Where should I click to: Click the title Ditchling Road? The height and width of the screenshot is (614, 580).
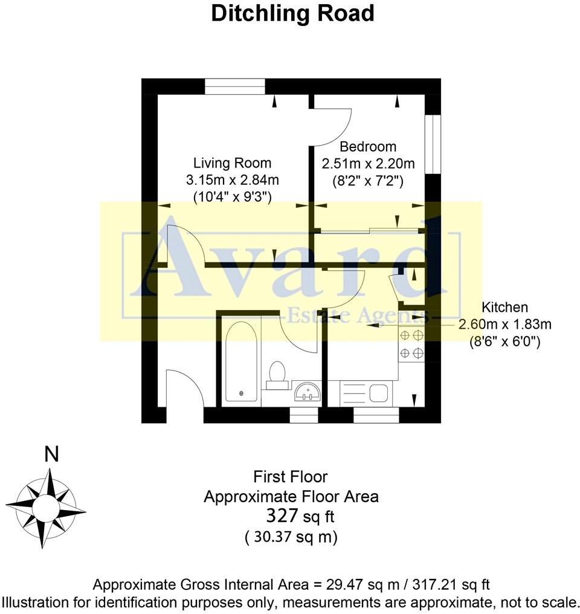tap(292, 13)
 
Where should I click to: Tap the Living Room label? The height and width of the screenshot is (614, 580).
tap(232, 163)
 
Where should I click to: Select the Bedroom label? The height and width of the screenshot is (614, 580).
tap(368, 147)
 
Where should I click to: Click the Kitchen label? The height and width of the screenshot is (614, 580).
tap(504, 308)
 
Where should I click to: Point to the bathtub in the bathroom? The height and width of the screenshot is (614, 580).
tap(242, 363)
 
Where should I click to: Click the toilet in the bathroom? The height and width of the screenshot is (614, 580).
tap(278, 372)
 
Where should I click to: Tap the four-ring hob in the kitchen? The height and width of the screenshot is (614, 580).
tap(411, 344)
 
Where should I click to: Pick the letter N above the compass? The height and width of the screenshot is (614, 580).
tap(52, 454)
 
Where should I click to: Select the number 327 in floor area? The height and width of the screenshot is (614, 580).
tap(283, 516)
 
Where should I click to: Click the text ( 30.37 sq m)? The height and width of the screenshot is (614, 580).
tap(291, 537)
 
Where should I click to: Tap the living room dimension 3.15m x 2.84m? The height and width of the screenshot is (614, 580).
tap(232, 179)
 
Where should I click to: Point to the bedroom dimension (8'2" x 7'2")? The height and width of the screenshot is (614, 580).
tap(368, 180)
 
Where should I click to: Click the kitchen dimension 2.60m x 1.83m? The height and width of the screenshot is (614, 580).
tap(504, 325)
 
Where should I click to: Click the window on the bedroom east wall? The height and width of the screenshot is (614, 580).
tap(433, 144)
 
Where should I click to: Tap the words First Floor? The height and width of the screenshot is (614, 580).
tap(291, 477)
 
